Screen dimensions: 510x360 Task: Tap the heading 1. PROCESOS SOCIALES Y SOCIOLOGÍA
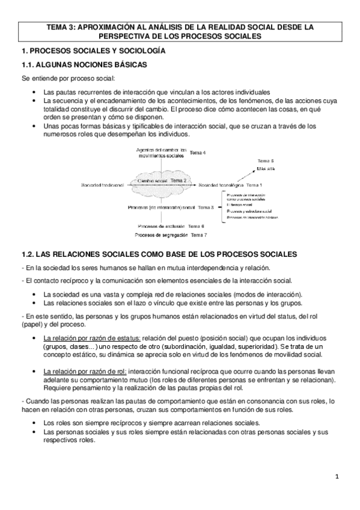[x=97, y=51]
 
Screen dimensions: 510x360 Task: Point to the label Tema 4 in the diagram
[x=198, y=153]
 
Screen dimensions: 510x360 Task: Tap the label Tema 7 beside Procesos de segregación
[x=198, y=235]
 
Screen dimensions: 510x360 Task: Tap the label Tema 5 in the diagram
[x=266, y=161]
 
